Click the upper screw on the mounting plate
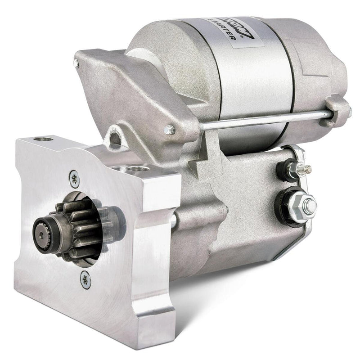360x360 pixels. (75, 179)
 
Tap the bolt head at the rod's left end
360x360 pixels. (169, 129)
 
